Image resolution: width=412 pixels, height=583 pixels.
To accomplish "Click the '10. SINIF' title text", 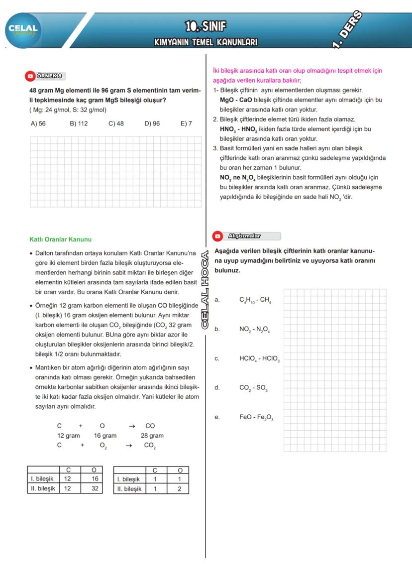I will click(206, 26).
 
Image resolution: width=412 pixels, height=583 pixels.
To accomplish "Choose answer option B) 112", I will click(79, 123).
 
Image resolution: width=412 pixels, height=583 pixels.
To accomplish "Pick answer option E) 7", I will click(186, 123).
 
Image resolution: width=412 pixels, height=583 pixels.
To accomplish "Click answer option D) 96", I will click(152, 123).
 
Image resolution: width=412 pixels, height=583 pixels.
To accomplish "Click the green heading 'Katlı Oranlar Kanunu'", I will click(60, 239).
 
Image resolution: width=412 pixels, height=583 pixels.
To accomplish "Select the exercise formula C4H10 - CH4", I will click(255, 300).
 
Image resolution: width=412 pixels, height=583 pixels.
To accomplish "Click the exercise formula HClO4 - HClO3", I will click(259, 359).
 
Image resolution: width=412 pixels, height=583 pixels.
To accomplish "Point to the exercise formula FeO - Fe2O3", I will click(256, 418).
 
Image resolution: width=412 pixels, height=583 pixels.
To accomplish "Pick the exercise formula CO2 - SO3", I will click(254, 388).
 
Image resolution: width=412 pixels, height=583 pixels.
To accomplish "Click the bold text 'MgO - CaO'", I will click(236, 100).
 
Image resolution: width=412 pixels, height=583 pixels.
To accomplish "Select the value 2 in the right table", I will click(180, 489).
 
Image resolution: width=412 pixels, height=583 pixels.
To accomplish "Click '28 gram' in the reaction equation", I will click(152, 436).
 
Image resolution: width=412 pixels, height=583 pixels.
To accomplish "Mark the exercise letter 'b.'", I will click(217, 330).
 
